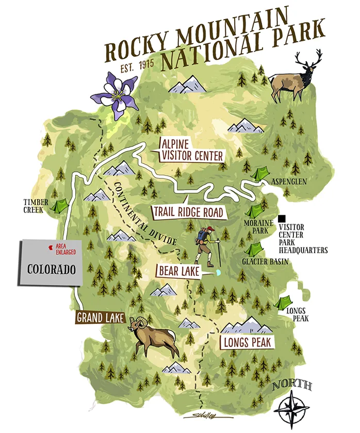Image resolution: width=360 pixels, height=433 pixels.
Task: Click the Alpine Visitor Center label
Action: tap(192, 149)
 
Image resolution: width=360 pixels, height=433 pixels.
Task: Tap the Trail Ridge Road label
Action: tap(188, 212)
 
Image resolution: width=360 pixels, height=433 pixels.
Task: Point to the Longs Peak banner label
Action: tap(247, 342)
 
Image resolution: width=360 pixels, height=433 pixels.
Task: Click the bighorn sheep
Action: tap(152, 338)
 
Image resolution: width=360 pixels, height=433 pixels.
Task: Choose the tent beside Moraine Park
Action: tap(256, 210)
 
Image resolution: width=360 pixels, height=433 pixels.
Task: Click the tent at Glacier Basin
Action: tap(253, 249)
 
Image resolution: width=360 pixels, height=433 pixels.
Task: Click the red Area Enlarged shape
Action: tap(50, 248)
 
